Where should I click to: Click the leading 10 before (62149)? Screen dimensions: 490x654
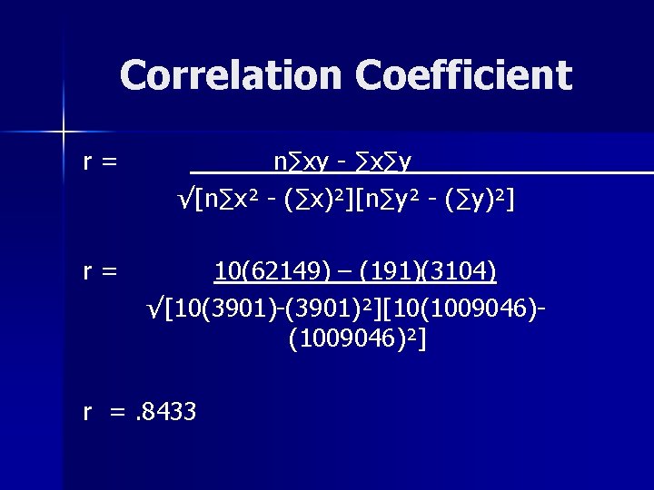pyautogui.click(x=225, y=271)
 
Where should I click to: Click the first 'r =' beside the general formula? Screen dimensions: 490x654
pyautogui.click(x=99, y=162)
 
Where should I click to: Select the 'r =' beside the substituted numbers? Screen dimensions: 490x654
pyautogui.click(x=99, y=271)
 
